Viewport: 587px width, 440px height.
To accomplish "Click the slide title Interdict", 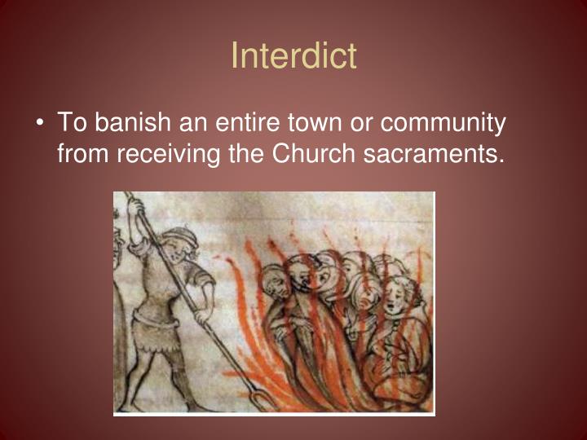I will point(293,56).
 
